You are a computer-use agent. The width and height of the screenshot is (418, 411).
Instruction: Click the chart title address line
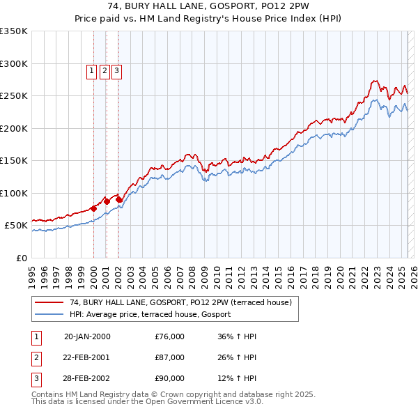coord(209,6)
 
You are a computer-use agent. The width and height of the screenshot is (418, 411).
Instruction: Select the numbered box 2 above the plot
coord(104,70)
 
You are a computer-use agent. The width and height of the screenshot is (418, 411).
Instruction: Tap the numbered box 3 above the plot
coord(116,70)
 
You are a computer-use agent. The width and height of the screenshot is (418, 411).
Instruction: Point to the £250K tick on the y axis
coord(14,96)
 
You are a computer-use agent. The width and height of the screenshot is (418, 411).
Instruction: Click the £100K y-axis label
coord(14,193)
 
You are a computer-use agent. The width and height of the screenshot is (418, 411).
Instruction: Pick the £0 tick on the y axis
coord(21,258)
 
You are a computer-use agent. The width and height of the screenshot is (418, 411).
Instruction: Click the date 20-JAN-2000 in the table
coord(87,337)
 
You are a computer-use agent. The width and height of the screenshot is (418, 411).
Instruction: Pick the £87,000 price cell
coord(170,357)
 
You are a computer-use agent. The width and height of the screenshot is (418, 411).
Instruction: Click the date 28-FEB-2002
coord(87,378)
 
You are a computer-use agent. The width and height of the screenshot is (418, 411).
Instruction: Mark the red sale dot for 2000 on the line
coord(93,208)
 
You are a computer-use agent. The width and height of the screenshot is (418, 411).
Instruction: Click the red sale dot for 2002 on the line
coord(119,199)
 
